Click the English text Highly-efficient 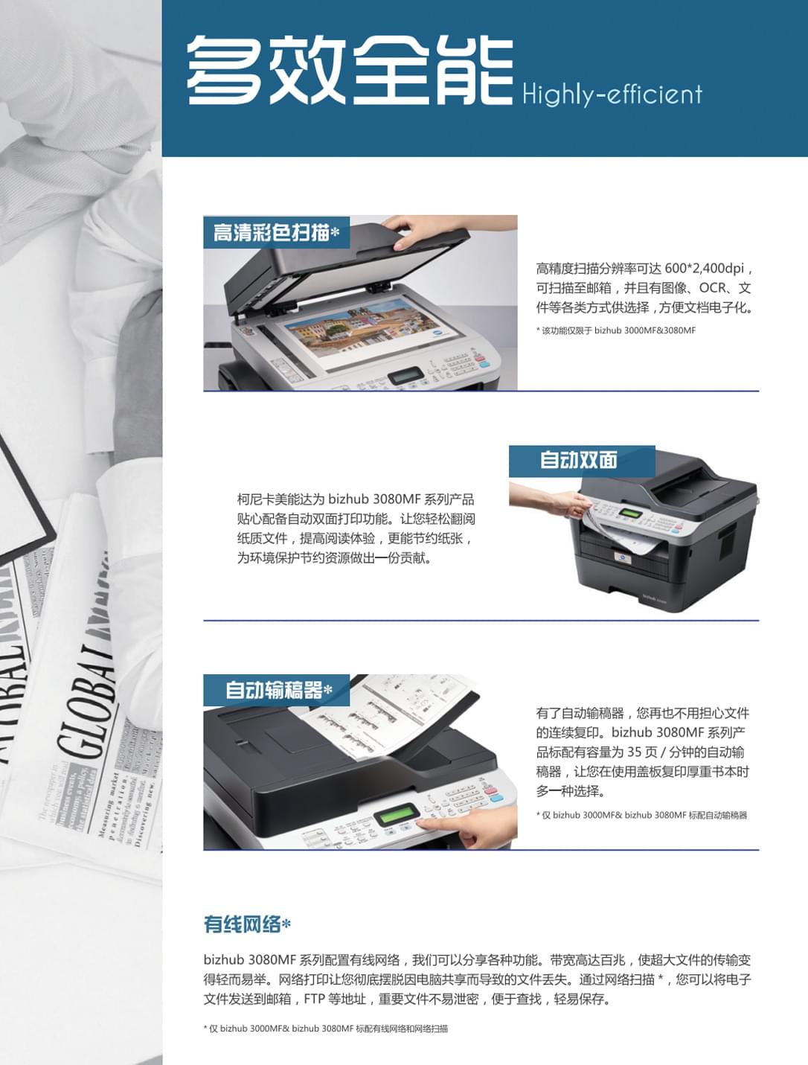click(x=612, y=95)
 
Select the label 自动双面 click(x=579, y=460)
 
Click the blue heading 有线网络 click(x=243, y=924)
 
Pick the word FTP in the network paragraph click(x=314, y=1000)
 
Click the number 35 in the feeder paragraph click(x=634, y=752)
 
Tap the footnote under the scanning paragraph click(x=616, y=330)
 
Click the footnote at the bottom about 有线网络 click(x=326, y=1029)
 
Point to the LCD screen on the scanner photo click(x=405, y=376)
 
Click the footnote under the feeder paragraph click(x=641, y=815)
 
